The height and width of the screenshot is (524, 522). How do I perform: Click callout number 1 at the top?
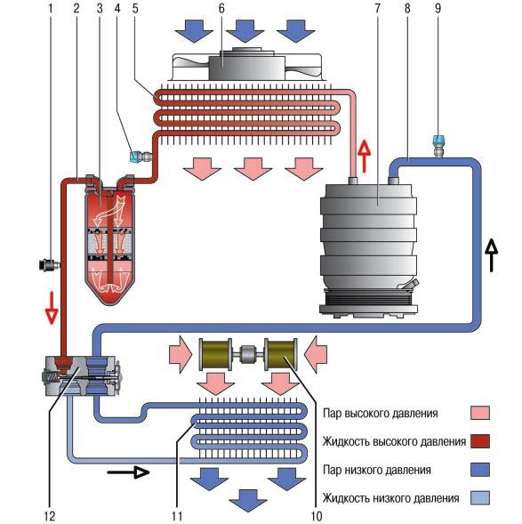51,9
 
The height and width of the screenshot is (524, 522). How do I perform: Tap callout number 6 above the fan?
221,9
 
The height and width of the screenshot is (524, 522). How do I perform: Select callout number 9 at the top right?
438,9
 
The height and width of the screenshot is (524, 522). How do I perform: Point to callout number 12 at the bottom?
49,516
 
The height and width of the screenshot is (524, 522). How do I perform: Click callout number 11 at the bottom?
177,516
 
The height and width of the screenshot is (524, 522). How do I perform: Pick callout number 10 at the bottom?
317,516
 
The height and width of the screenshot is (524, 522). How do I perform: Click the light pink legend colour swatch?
480,413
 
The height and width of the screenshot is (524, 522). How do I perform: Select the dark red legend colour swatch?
480,441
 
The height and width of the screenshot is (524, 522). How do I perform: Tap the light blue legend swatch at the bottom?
480,498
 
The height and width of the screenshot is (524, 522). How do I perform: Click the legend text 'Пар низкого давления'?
377,471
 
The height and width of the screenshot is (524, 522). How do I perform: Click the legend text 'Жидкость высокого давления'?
394,442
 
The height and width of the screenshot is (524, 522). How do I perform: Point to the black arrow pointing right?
128,472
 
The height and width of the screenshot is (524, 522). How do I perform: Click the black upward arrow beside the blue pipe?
491,255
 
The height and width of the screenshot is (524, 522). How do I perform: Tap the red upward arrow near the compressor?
364,156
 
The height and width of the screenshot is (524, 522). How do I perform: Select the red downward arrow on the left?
52,308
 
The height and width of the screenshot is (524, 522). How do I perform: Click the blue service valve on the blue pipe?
438,147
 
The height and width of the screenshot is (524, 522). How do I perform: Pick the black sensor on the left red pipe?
49,265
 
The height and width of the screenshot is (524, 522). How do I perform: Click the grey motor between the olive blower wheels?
248,354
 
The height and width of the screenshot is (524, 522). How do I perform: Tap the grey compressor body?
368,247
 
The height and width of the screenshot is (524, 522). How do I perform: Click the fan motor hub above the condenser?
247,64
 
